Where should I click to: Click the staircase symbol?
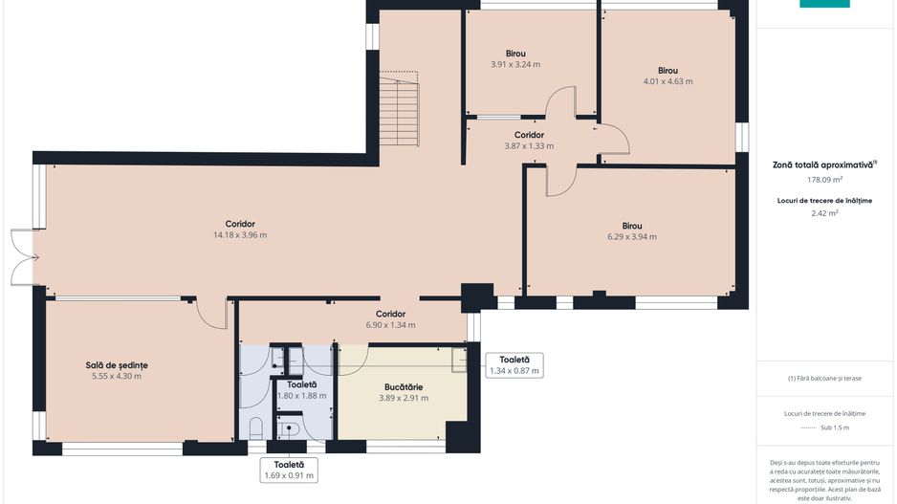[399, 109]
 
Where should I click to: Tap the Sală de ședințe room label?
[117, 365]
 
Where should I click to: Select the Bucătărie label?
[404, 387]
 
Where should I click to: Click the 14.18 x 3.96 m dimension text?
[240, 235]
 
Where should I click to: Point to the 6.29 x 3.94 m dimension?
[632, 237]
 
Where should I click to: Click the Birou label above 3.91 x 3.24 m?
[515, 54]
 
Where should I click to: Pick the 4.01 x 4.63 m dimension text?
[667, 81]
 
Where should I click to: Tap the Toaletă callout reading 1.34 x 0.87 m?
[514, 365]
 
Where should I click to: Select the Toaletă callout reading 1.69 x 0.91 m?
[289, 471]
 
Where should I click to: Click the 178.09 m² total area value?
[824, 180]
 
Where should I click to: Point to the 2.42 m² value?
[824, 213]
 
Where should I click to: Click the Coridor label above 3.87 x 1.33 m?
[529, 135]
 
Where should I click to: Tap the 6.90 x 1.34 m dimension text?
[391, 325]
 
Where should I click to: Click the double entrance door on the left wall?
[23, 257]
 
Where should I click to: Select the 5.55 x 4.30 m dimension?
[117, 377]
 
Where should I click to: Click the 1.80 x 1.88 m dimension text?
[301, 396]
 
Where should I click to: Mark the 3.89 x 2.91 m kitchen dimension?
[404, 398]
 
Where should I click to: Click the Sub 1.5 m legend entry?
[824, 427]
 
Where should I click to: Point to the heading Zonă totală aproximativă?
[822, 164]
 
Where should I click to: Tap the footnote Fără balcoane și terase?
[824, 378]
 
